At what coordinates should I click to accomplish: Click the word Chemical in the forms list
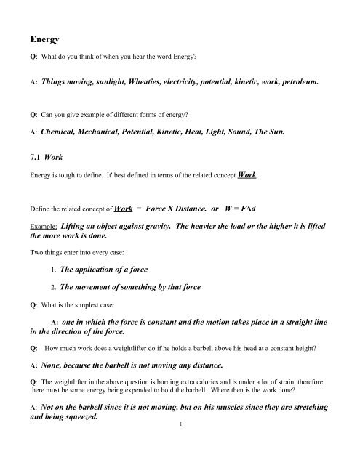[63, 134]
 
